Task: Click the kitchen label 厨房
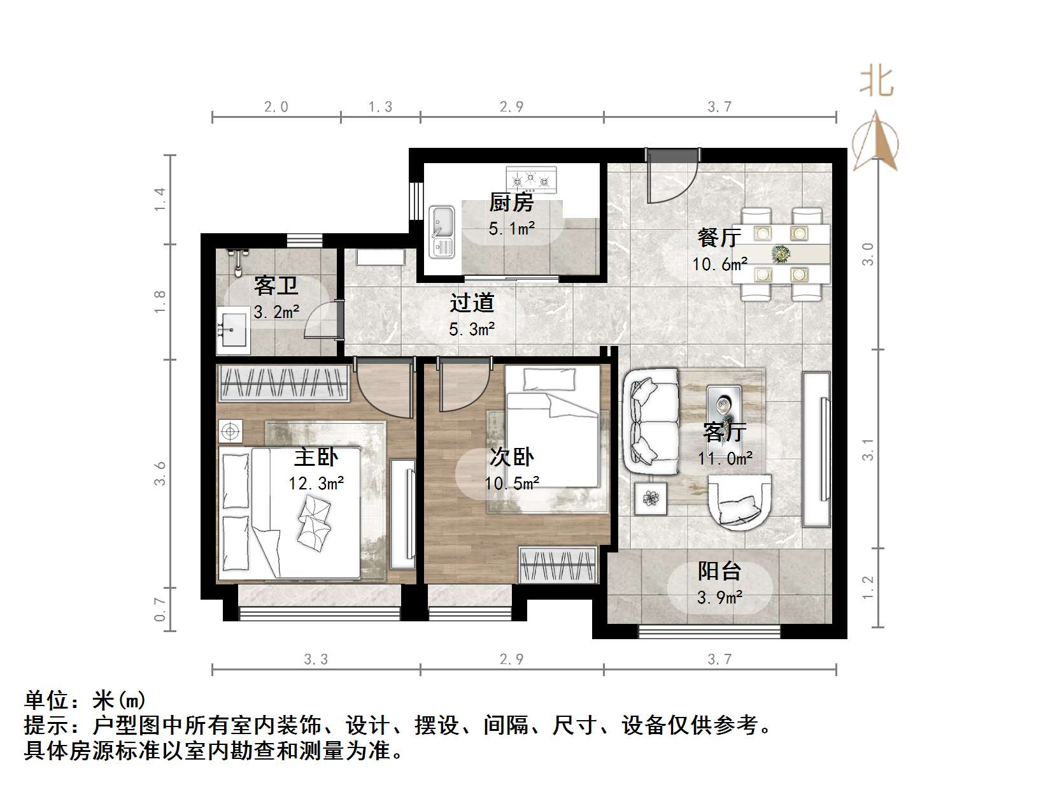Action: point(511,203)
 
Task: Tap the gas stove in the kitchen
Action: point(531,180)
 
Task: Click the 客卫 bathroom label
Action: point(276,285)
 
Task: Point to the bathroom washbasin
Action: point(233,329)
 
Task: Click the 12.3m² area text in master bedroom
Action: point(316,484)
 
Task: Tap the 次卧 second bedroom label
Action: point(512,457)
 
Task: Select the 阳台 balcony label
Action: point(719,571)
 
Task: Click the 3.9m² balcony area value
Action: point(720,598)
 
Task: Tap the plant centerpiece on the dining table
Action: point(781,254)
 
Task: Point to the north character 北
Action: point(877,82)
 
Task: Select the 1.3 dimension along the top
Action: point(380,107)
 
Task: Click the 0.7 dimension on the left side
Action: point(160,610)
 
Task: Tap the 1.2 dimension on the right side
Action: point(868,588)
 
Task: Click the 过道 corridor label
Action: point(472,303)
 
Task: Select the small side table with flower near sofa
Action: point(651,498)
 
